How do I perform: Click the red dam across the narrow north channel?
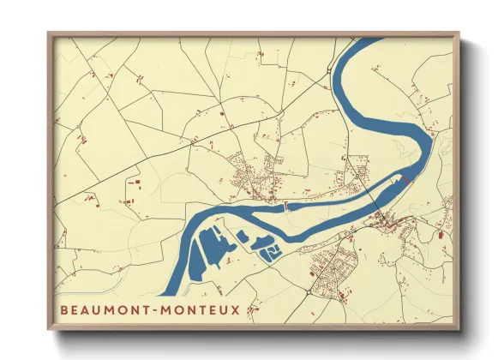(286, 206)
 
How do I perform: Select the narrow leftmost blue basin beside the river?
(195, 252)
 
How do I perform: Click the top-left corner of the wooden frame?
(49, 34)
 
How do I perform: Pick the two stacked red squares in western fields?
(133, 183)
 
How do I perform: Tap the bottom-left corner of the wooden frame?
(49, 329)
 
